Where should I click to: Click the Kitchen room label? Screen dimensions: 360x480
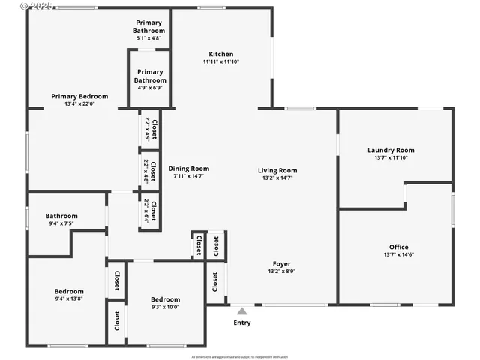(x=220, y=54)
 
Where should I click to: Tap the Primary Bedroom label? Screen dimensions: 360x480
(x=79, y=96)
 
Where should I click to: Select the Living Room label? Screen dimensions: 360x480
(x=277, y=170)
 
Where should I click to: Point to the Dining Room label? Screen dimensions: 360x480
(x=188, y=169)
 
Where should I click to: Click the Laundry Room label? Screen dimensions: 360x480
(x=391, y=150)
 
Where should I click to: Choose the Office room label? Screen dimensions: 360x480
(x=399, y=247)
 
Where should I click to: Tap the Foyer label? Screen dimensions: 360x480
(x=281, y=263)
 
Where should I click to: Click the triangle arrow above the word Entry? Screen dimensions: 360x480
(x=241, y=310)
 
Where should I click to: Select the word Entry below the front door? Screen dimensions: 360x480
(x=241, y=322)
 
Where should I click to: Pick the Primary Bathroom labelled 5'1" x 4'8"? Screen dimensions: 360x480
(x=149, y=27)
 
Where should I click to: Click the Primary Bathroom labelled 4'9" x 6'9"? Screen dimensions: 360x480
(x=150, y=76)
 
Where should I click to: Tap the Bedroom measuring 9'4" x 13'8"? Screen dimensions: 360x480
(x=69, y=295)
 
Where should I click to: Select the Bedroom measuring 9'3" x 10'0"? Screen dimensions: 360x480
(x=165, y=302)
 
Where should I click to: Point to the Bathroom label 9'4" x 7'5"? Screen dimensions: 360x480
(x=61, y=219)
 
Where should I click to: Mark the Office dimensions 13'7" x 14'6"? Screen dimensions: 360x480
(x=399, y=255)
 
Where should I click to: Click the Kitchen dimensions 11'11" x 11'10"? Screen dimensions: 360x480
(x=220, y=62)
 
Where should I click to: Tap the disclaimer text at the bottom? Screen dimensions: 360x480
(x=240, y=356)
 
